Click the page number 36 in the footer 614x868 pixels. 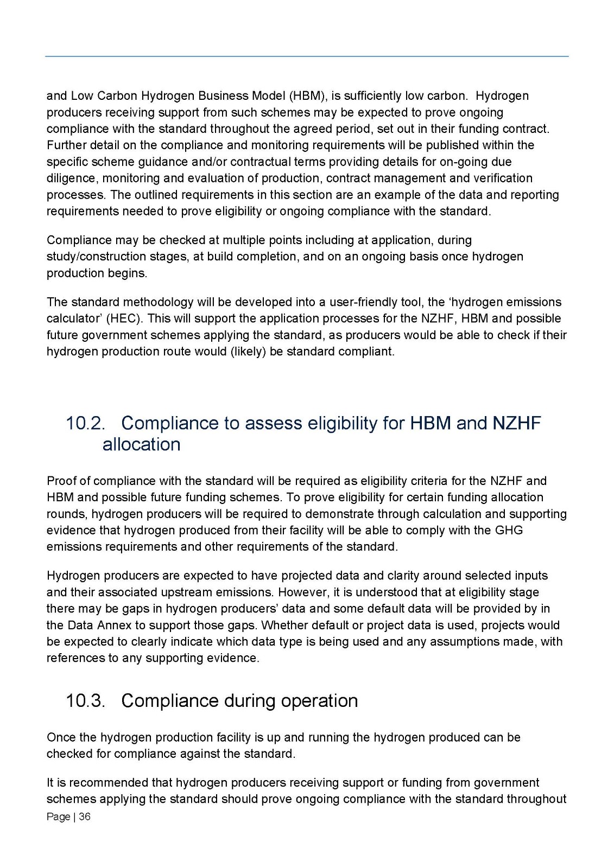pyautogui.click(x=85, y=816)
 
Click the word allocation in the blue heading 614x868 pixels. pyautogui.click(x=141, y=444)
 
